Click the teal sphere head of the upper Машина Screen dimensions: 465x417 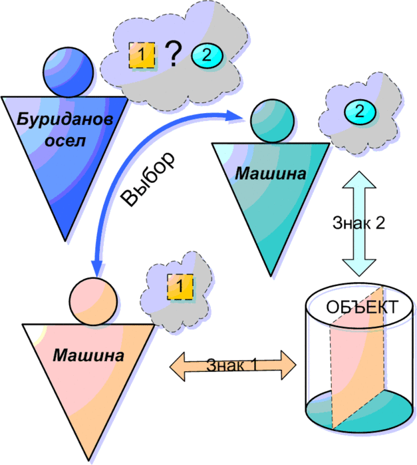(x=271, y=120)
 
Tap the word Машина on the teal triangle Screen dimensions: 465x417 (x=271, y=174)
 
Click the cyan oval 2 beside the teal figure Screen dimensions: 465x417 (x=360, y=111)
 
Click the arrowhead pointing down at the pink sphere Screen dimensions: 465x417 (x=97, y=269)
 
